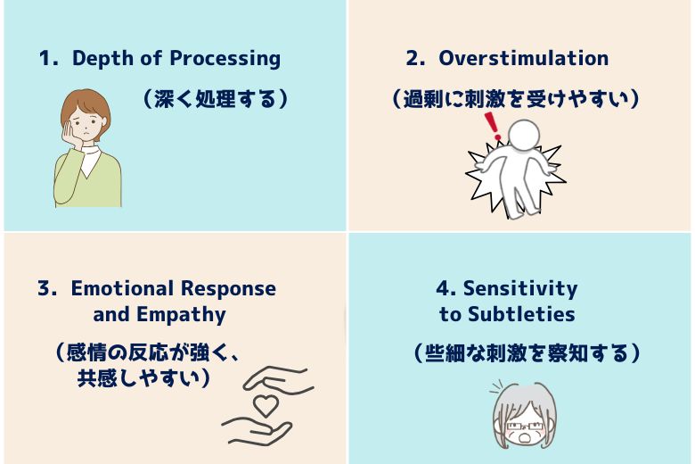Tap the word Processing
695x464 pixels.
click(225, 59)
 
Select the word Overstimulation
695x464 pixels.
click(523, 58)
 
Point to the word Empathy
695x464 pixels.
click(181, 315)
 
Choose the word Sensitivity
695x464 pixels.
click(520, 289)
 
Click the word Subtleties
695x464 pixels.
click(521, 314)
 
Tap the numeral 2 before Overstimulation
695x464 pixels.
click(413, 58)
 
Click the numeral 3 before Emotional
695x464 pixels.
click(45, 288)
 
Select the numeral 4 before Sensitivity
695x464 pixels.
click(443, 288)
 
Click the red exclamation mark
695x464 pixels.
click(492, 126)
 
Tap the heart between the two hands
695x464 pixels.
click(266, 404)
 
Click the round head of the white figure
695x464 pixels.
click(524, 135)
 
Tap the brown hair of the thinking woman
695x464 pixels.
click(86, 105)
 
